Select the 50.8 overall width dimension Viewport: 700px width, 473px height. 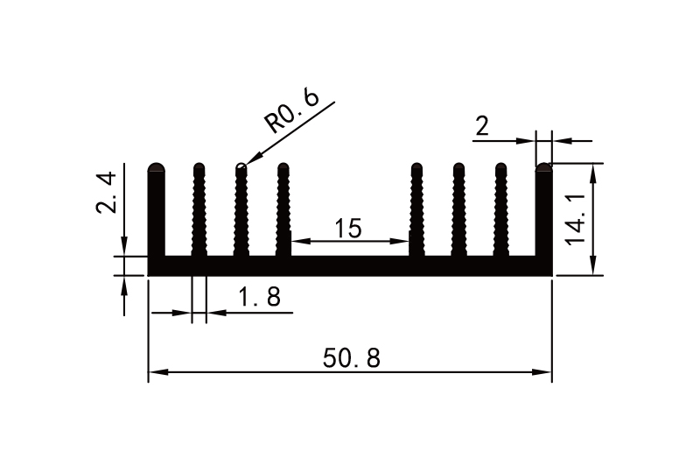(352, 358)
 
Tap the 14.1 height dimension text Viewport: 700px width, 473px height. (577, 225)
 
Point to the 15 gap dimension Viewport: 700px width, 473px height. (347, 229)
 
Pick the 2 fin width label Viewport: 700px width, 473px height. (482, 128)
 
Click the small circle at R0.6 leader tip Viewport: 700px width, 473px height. (241, 162)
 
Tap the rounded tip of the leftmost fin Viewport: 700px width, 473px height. (157, 166)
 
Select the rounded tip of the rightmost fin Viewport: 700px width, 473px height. (544, 166)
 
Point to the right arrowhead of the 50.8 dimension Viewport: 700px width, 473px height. (545, 373)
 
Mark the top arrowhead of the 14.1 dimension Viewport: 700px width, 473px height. (595, 170)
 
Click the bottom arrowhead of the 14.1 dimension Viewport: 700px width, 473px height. (595, 267)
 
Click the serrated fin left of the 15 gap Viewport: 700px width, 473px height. (283, 210)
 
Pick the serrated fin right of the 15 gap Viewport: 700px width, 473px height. (416, 210)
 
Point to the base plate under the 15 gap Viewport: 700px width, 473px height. (350, 265)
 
